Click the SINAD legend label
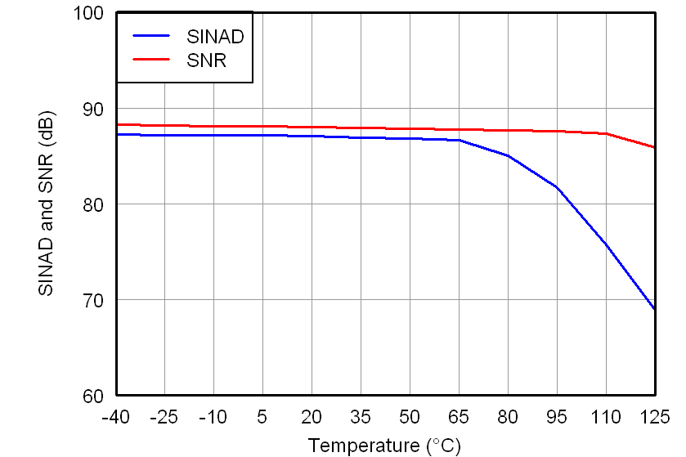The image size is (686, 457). click(x=215, y=36)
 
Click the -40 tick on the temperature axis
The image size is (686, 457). click(x=115, y=417)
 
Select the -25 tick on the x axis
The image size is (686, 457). click(x=164, y=417)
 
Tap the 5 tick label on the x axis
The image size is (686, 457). click(x=262, y=417)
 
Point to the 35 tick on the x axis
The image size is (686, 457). click(x=361, y=417)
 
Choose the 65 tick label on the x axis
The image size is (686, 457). click(x=459, y=417)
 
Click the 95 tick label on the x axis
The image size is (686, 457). click(x=557, y=417)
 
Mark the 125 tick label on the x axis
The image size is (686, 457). click(x=653, y=417)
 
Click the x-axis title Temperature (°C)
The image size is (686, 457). click(x=384, y=446)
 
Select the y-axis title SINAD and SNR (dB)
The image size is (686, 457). click(x=47, y=204)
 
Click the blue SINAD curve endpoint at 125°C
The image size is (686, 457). click(x=654, y=309)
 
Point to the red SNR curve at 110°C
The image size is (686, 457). click(x=606, y=133)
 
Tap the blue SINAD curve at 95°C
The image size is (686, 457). click(x=557, y=187)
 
